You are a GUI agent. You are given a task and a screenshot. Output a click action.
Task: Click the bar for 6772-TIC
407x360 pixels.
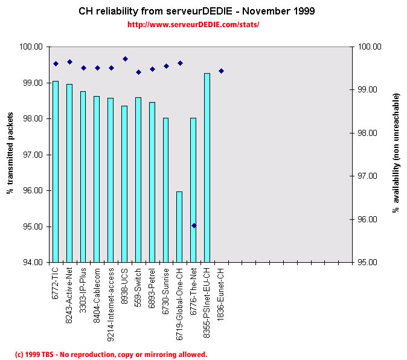tap(56, 172)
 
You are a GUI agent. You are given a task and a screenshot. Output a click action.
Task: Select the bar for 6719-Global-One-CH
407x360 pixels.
tap(179, 227)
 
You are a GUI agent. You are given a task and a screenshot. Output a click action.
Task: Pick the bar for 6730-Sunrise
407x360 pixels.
tap(165, 190)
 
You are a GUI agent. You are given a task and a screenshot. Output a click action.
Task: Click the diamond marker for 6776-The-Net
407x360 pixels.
tap(194, 225)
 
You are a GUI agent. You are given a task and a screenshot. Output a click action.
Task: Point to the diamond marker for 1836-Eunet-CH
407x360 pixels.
tap(221, 71)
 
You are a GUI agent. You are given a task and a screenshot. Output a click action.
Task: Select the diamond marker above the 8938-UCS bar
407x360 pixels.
tap(125, 59)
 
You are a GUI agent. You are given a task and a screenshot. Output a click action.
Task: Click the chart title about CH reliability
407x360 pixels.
tap(197, 11)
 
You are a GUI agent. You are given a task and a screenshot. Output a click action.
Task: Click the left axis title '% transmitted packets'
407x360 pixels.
tap(10, 155)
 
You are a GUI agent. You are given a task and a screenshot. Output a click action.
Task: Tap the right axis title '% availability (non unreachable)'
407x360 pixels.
tap(396, 153)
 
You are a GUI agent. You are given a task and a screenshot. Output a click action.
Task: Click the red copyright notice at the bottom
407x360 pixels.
tap(111, 355)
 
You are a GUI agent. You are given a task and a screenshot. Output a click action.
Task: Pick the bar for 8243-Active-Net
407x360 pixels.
tap(69, 173)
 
